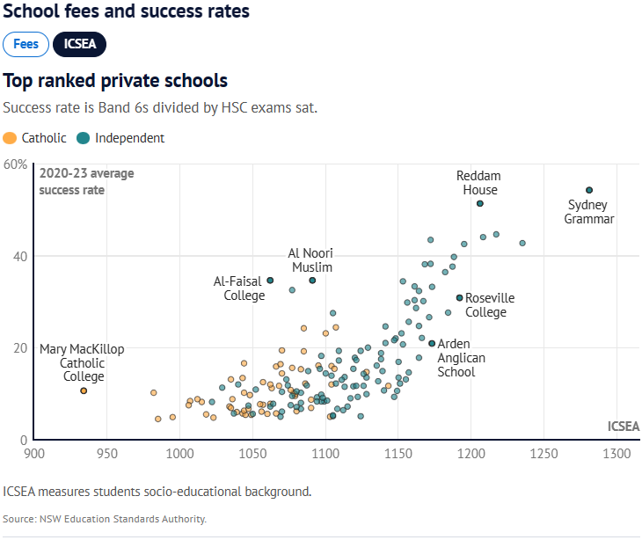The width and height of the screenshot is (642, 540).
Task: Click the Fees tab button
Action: click(x=26, y=44)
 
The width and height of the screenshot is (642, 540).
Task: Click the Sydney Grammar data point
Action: click(x=589, y=190)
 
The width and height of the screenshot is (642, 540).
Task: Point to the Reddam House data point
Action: click(x=480, y=203)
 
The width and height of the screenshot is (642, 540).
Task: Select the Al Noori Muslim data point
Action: click(x=312, y=281)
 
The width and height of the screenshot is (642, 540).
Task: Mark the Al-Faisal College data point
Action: click(x=270, y=281)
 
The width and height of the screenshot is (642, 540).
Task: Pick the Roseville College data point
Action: click(x=459, y=297)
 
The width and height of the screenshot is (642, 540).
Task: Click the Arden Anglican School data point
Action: click(x=432, y=343)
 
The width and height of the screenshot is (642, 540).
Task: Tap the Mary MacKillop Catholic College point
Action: click(x=84, y=390)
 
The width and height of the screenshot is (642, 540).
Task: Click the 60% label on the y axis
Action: click(x=15, y=164)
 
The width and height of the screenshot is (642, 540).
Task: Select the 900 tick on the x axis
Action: click(x=34, y=455)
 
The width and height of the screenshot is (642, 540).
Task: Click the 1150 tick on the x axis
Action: click(x=398, y=455)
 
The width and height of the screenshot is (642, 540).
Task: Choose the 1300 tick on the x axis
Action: click(x=616, y=455)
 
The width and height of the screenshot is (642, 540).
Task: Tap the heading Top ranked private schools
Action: click(x=115, y=81)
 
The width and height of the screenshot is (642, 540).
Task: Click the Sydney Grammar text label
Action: click(x=589, y=212)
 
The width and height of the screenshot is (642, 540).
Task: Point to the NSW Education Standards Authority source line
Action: click(x=105, y=519)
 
